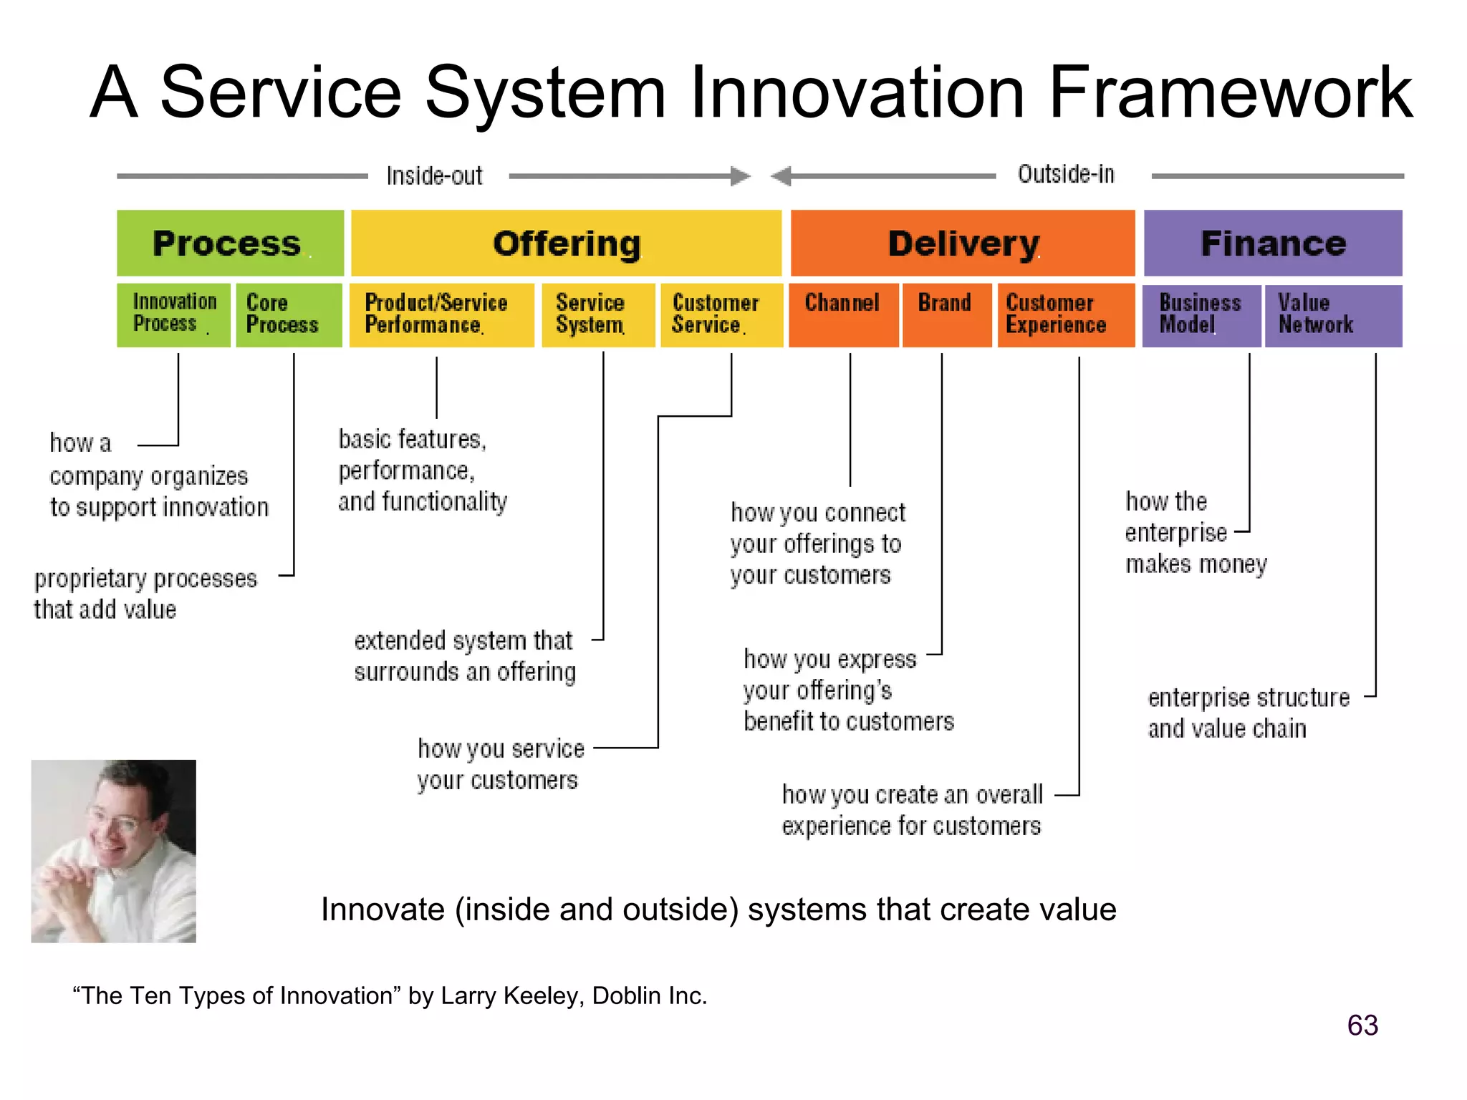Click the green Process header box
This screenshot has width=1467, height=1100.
[x=230, y=243]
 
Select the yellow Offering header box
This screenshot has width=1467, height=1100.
[x=566, y=243]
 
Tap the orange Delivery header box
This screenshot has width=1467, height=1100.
[x=963, y=243]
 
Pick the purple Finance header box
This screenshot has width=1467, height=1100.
[x=1273, y=243]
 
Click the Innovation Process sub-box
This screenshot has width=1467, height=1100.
[x=173, y=314]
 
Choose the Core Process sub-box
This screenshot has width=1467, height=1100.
[x=289, y=314]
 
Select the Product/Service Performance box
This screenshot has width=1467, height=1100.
[x=441, y=314]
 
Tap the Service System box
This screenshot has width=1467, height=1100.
[x=598, y=314]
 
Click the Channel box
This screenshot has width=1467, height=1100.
[x=843, y=314]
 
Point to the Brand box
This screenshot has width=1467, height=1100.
[x=946, y=314]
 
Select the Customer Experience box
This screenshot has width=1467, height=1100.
[x=1066, y=314]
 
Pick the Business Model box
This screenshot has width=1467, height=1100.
[x=1201, y=314]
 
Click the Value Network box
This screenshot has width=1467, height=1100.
[x=1333, y=314]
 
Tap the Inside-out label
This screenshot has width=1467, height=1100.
[x=434, y=175]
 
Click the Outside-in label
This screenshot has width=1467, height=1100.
[x=1066, y=174]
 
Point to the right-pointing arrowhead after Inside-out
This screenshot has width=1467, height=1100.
[x=741, y=176]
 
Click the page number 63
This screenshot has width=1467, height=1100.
[x=1362, y=1026]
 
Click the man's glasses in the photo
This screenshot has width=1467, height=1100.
[x=118, y=824]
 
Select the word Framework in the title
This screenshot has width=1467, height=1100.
[x=1230, y=92]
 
